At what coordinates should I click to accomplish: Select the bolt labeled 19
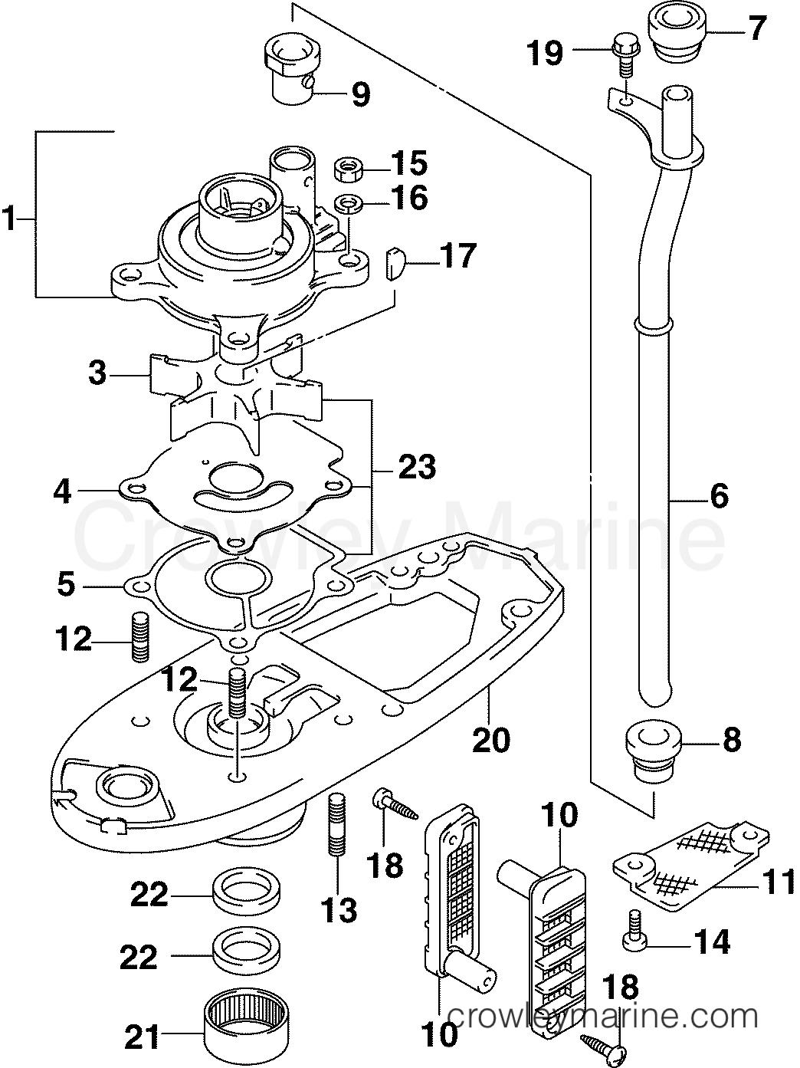pyautogui.click(x=621, y=55)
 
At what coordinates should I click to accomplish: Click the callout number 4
pyautogui.click(x=62, y=491)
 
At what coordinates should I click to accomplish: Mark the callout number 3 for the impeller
pyautogui.click(x=97, y=375)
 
